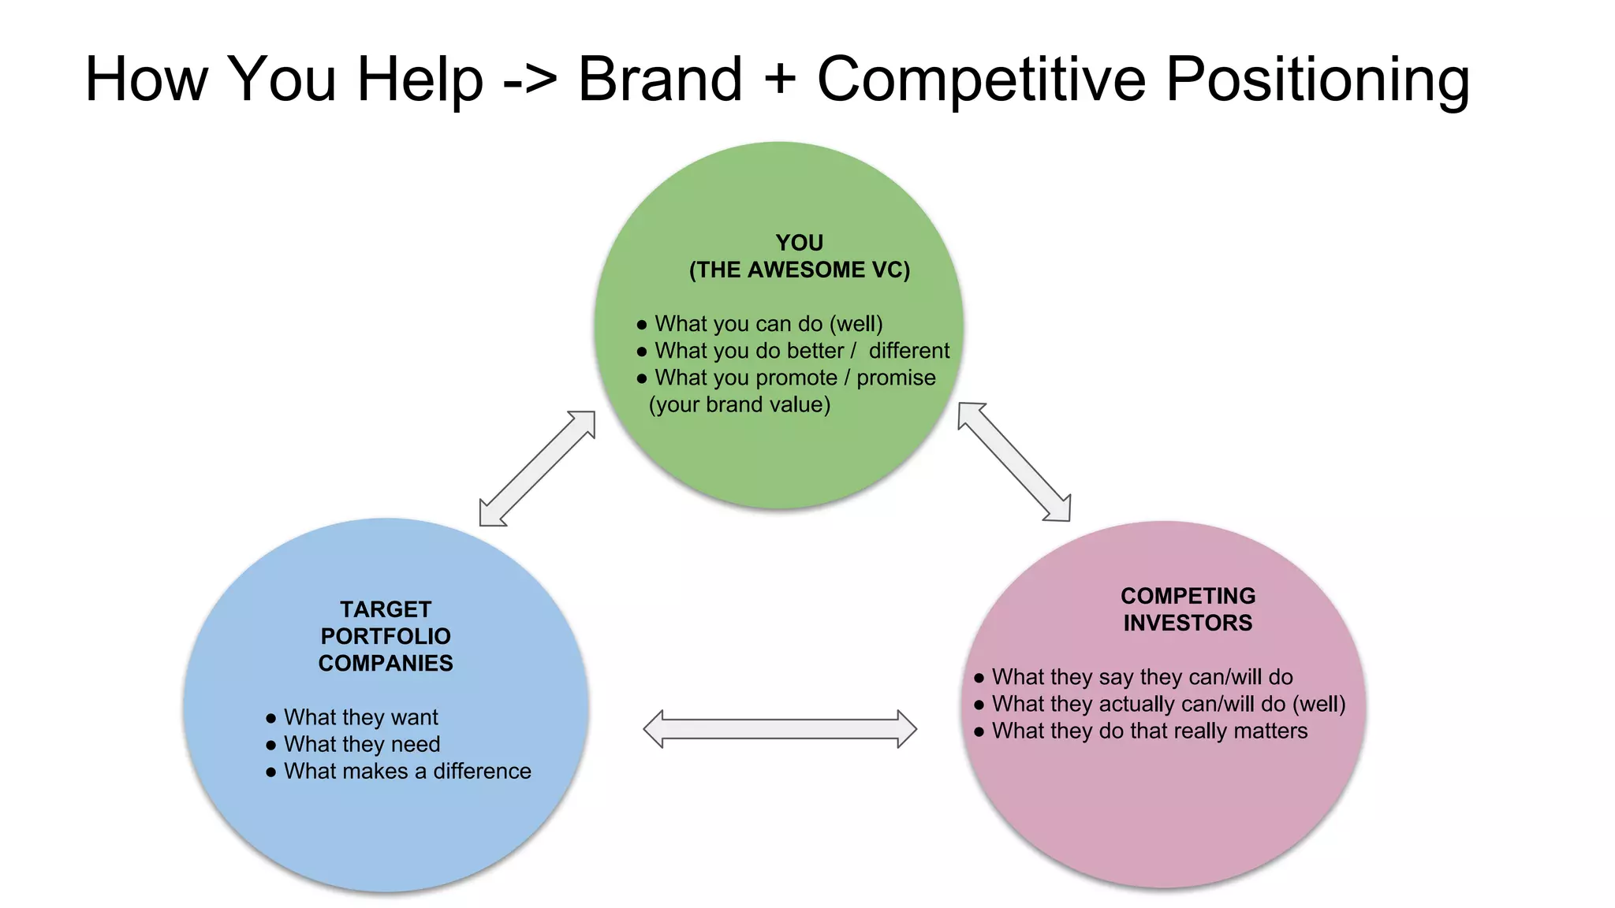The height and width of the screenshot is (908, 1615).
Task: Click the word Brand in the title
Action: coord(660,79)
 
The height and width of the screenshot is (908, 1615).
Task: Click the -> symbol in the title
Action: coord(530,80)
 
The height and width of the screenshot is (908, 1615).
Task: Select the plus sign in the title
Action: coord(779,80)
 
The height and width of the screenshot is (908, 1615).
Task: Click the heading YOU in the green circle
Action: coord(799,243)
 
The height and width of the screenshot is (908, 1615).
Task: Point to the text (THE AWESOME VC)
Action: coord(799,270)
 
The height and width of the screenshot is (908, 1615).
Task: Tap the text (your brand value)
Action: coord(739,404)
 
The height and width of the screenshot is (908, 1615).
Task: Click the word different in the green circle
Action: coord(908,351)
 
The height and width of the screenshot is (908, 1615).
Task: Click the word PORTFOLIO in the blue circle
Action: coord(386,636)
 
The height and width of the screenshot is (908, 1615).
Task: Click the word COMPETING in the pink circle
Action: coord(1188,596)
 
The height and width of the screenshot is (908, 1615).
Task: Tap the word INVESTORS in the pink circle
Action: coord(1188,623)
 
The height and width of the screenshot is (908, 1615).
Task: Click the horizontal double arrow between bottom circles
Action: coord(780,729)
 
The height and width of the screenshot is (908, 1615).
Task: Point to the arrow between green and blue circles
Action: coord(537,468)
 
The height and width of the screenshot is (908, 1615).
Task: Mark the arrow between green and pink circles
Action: coord(1014,462)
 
